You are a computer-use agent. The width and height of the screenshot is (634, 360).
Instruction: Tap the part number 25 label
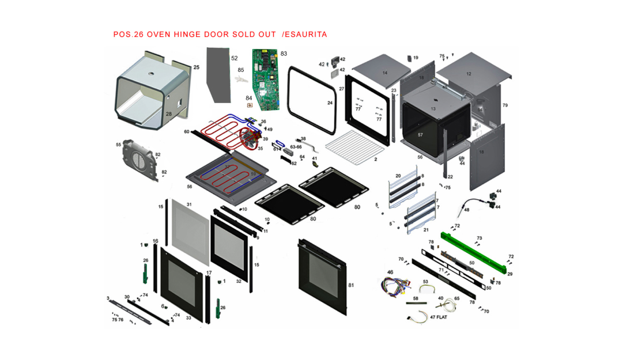[197, 68]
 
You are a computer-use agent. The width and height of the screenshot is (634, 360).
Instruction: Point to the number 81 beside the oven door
[351, 285]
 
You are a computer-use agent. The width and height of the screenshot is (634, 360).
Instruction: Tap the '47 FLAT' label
[439, 317]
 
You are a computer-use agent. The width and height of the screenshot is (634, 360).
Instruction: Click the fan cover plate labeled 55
[138, 160]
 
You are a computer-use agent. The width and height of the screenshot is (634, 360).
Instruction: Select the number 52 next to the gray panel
[235, 58]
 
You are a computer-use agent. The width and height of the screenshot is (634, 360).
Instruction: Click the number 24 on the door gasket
[330, 103]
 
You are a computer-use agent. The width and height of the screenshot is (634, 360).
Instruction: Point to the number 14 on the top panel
[385, 73]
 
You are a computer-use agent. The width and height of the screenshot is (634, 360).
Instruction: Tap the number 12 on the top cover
[469, 74]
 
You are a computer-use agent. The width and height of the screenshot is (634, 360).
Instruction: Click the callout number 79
[505, 105]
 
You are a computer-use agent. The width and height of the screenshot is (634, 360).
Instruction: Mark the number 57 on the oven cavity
[420, 135]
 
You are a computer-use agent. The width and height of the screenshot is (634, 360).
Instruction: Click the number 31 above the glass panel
[189, 205]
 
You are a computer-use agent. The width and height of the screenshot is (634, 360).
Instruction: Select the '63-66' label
[296, 147]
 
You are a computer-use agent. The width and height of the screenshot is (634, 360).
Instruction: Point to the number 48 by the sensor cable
[466, 210]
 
